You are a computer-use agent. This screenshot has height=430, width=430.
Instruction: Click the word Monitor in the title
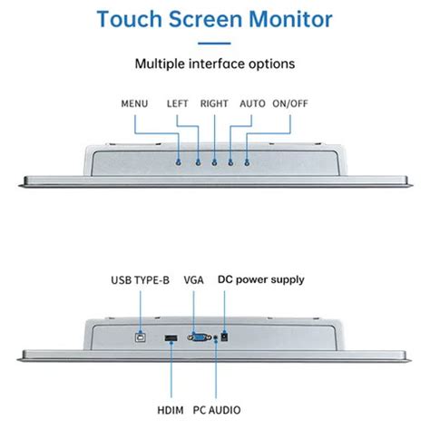[289, 19]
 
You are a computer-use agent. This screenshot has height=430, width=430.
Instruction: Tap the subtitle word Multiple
[163, 64]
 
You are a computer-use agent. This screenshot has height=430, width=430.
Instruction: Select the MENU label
[134, 104]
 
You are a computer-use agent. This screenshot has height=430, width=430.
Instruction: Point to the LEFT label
[178, 104]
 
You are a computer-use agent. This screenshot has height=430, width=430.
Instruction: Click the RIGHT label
[214, 104]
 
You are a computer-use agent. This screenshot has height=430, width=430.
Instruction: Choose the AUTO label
[252, 104]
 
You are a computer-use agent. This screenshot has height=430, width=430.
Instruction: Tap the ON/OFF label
[291, 104]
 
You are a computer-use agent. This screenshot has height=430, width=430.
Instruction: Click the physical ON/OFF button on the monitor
[247, 162]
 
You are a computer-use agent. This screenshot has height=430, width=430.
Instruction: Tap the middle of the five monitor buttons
[214, 162]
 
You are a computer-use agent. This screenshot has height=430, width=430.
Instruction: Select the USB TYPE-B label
[140, 280]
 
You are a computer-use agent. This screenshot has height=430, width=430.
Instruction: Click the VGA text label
[193, 280]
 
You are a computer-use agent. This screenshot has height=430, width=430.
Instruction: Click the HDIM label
[169, 409]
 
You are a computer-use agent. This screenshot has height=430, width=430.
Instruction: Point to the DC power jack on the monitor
[224, 337]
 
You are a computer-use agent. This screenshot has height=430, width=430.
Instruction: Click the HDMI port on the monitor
[170, 340]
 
